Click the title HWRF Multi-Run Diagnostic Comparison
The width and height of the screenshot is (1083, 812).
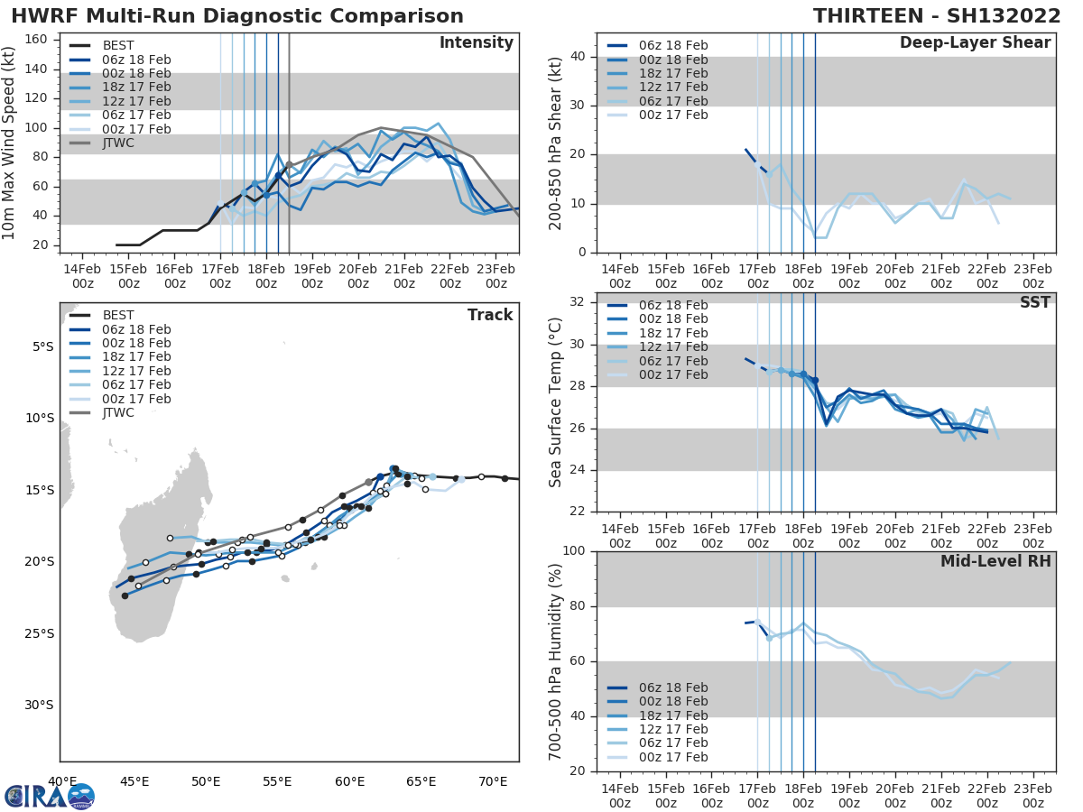click(x=237, y=16)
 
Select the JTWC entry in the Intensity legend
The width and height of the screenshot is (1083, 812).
click(x=117, y=143)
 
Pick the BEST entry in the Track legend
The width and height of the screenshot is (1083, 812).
click(x=117, y=316)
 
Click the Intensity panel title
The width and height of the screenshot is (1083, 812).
click(x=476, y=43)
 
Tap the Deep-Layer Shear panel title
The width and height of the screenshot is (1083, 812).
click(x=975, y=43)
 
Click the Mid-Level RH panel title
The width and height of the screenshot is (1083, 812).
click(x=995, y=561)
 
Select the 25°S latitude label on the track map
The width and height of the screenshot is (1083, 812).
click(x=37, y=633)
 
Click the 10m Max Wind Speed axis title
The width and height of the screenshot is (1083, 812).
click(x=11, y=143)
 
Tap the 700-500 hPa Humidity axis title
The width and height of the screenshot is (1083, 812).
click(x=556, y=660)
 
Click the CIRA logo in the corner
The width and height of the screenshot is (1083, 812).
click(x=49, y=796)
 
